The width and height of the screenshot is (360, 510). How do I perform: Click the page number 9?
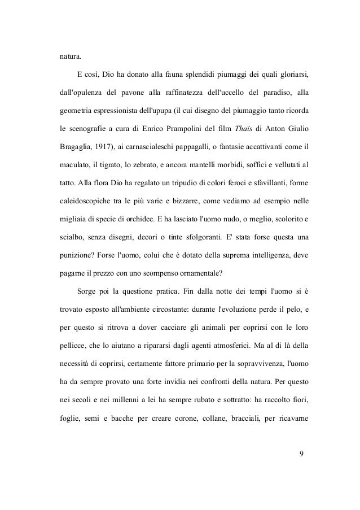(303, 452)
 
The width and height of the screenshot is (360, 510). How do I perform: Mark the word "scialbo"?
(74, 238)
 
